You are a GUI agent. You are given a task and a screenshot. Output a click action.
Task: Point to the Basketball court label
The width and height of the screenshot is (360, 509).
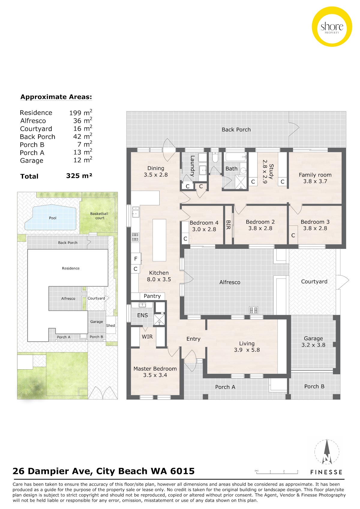tap(99, 216)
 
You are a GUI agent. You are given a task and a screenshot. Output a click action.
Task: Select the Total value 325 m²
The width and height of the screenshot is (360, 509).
tap(79, 176)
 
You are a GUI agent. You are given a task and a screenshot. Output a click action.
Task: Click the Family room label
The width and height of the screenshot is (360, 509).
tap(315, 175)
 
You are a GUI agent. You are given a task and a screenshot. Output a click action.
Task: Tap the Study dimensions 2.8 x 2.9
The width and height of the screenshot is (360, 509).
tap(265, 171)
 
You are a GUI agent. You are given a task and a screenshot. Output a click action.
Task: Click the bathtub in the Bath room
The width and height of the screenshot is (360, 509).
tap(235, 156)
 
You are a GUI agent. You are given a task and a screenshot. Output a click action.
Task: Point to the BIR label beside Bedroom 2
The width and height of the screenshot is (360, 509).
tap(228, 225)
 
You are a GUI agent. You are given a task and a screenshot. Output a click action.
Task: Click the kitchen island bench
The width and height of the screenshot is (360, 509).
tap(159, 240)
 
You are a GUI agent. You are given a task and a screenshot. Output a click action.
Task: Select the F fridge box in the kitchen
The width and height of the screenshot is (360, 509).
tap(136, 259)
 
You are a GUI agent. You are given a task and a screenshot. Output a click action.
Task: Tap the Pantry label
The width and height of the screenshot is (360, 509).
tap(152, 296)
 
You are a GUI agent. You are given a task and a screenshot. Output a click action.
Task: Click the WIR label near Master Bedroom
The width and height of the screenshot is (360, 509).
tap(147, 337)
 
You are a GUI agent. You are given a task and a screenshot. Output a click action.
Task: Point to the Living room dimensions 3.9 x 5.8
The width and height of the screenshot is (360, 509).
tap(247, 350)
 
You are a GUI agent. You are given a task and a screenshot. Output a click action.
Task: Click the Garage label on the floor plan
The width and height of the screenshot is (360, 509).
tap(313, 338)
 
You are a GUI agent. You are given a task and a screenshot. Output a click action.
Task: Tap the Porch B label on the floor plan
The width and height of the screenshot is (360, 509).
tap(314, 386)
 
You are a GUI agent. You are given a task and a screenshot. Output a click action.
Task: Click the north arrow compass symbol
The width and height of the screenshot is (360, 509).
tap(327, 452)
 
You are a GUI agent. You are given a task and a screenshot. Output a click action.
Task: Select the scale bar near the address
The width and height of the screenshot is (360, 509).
tap(277, 472)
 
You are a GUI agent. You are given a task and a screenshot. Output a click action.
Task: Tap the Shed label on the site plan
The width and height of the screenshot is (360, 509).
tap(110, 326)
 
